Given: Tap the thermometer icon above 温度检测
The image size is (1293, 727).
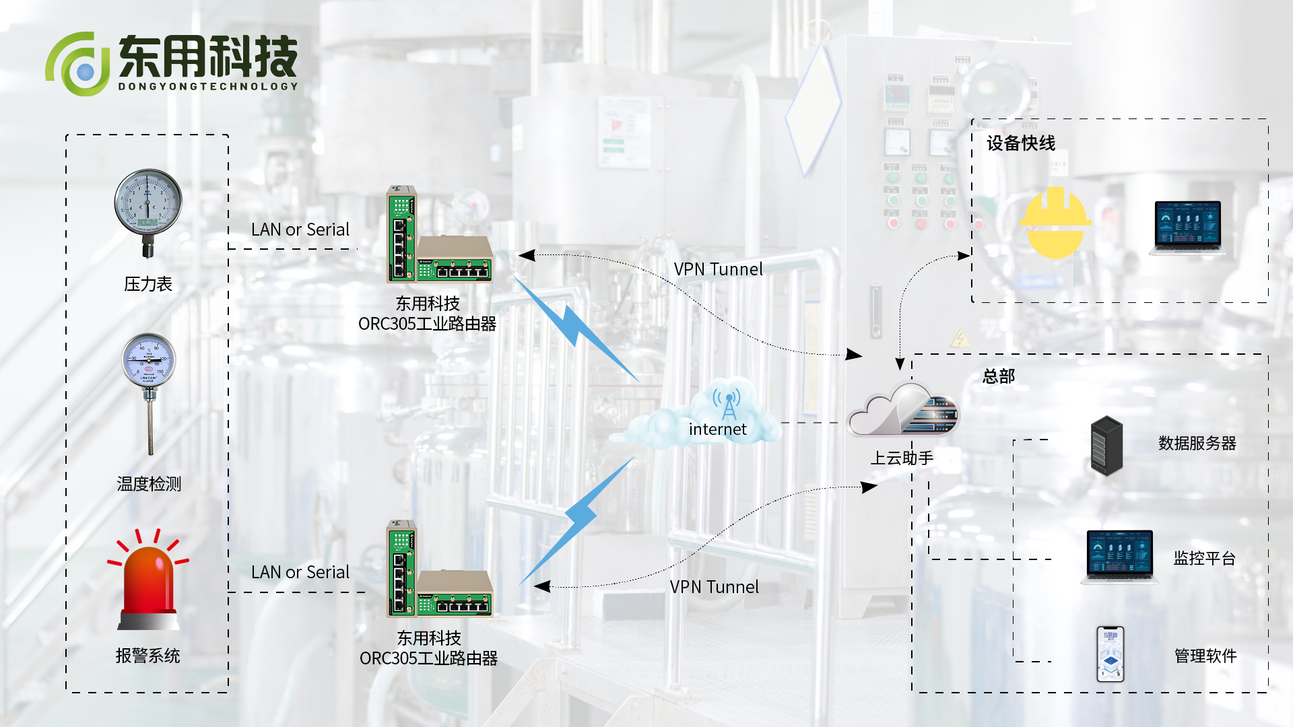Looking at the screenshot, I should pyautogui.click(x=149, y=390).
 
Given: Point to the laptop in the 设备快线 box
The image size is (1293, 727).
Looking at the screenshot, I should pyautogui.click(x=1187, y=227).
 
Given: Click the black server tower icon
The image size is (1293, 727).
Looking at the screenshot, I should pyautogui.click(x=1106, y=446).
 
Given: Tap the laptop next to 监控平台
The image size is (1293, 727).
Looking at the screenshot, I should pyautogui.click(x=1119, y=557).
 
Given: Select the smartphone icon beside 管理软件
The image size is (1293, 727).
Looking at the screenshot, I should pyautogui.click(x=1110, y=654).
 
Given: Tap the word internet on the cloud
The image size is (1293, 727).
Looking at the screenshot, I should pyautogui.click(x=718, y=429).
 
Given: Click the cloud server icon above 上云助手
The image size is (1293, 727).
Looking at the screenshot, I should pyautogui.click(x=902, y=410).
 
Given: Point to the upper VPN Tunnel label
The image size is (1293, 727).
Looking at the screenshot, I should pyautogui.click(x=718, y=269).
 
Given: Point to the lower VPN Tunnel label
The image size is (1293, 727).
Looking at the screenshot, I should pyautogui.click(x=714, y=587).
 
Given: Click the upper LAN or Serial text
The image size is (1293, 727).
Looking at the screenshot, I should pyautogui.click(x=300, y=230).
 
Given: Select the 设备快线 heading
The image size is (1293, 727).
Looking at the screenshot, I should pyautogui.click(x=1021, y=143).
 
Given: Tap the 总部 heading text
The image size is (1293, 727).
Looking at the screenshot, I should pyautogui.click(x=999, y=376).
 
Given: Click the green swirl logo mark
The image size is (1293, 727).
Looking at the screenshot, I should pyautogui.click(x=77, y=65).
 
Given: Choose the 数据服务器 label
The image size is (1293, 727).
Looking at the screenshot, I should pyautogui.click(x=1197, y=444).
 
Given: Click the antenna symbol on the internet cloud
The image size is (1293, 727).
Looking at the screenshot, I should pyautogui.click(x=728, y=404).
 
